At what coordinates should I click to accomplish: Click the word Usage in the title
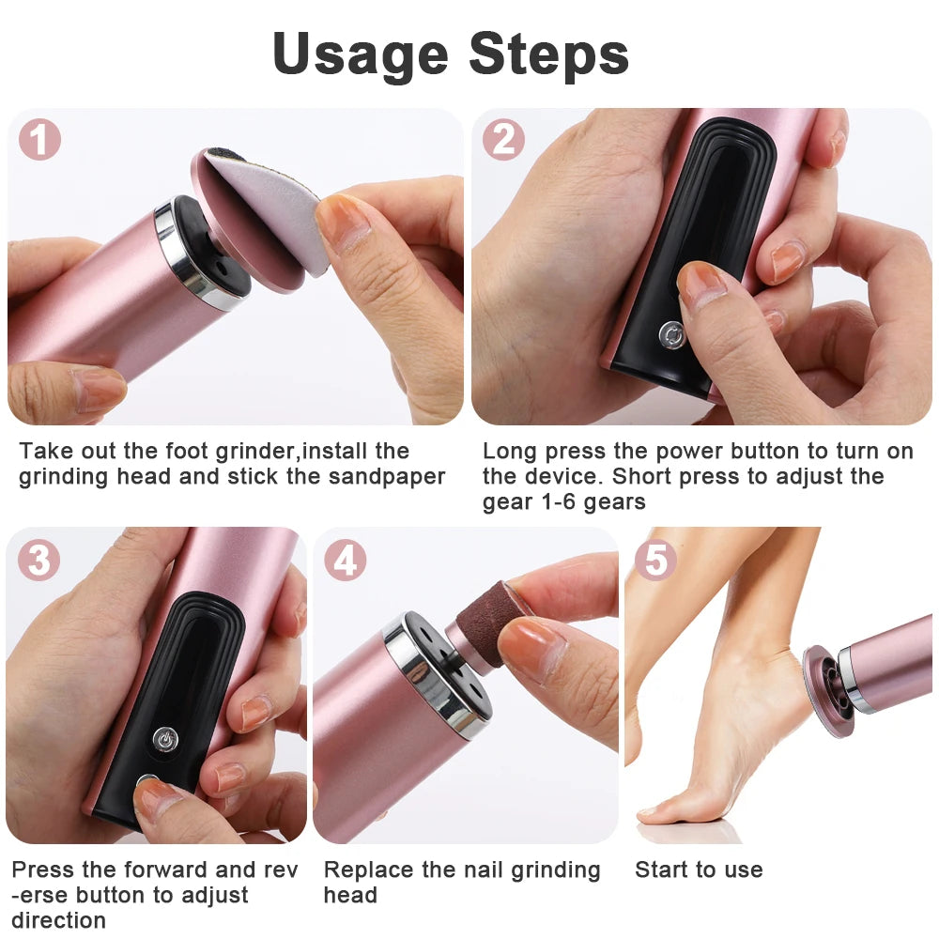point(360,54)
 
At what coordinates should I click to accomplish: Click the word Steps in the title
point(549,54)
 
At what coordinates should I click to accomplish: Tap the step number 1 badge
point(39,140)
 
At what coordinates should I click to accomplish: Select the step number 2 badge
point(504,140)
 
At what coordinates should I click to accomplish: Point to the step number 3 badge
point(39,561)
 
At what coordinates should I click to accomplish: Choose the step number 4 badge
point(346,561)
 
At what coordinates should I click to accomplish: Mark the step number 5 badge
point(655,561)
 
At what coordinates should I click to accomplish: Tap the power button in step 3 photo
point(165,739)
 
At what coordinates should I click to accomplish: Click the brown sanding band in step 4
point(488,620)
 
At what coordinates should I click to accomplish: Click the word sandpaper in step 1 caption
point(386,476)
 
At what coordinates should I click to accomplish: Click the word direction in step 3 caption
point(58,920)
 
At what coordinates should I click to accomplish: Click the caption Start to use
point(699,870)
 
